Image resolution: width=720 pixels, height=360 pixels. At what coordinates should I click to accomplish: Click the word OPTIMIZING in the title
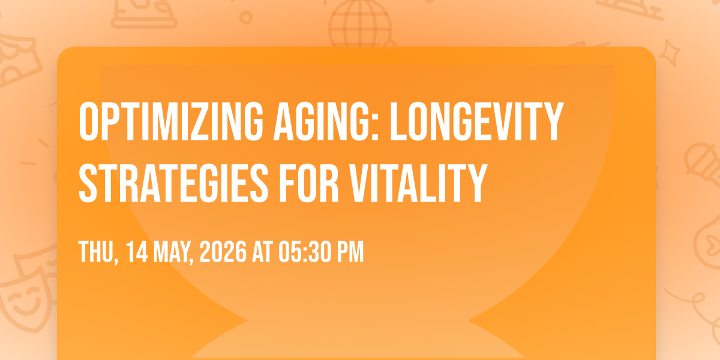(171, 122)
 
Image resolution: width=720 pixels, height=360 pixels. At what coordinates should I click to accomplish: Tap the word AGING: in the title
(326, 122)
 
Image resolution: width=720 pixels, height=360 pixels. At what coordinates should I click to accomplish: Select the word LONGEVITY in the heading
(476, 122)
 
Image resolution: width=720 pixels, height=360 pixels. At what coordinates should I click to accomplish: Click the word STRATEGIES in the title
(173, 183)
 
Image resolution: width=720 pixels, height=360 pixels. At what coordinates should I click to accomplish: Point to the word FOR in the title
(309, 183)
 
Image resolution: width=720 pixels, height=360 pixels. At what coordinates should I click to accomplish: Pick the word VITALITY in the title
(419, 183)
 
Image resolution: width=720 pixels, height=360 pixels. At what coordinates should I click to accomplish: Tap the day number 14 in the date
(137, 251)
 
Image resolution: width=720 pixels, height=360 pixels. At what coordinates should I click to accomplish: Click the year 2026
(223, 251)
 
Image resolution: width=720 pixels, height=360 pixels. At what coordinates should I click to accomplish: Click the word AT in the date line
(262, 251)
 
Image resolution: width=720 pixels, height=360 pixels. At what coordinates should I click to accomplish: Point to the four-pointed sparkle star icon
(670, 53)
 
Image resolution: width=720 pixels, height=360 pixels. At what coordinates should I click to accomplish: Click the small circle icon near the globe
(246, 17)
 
